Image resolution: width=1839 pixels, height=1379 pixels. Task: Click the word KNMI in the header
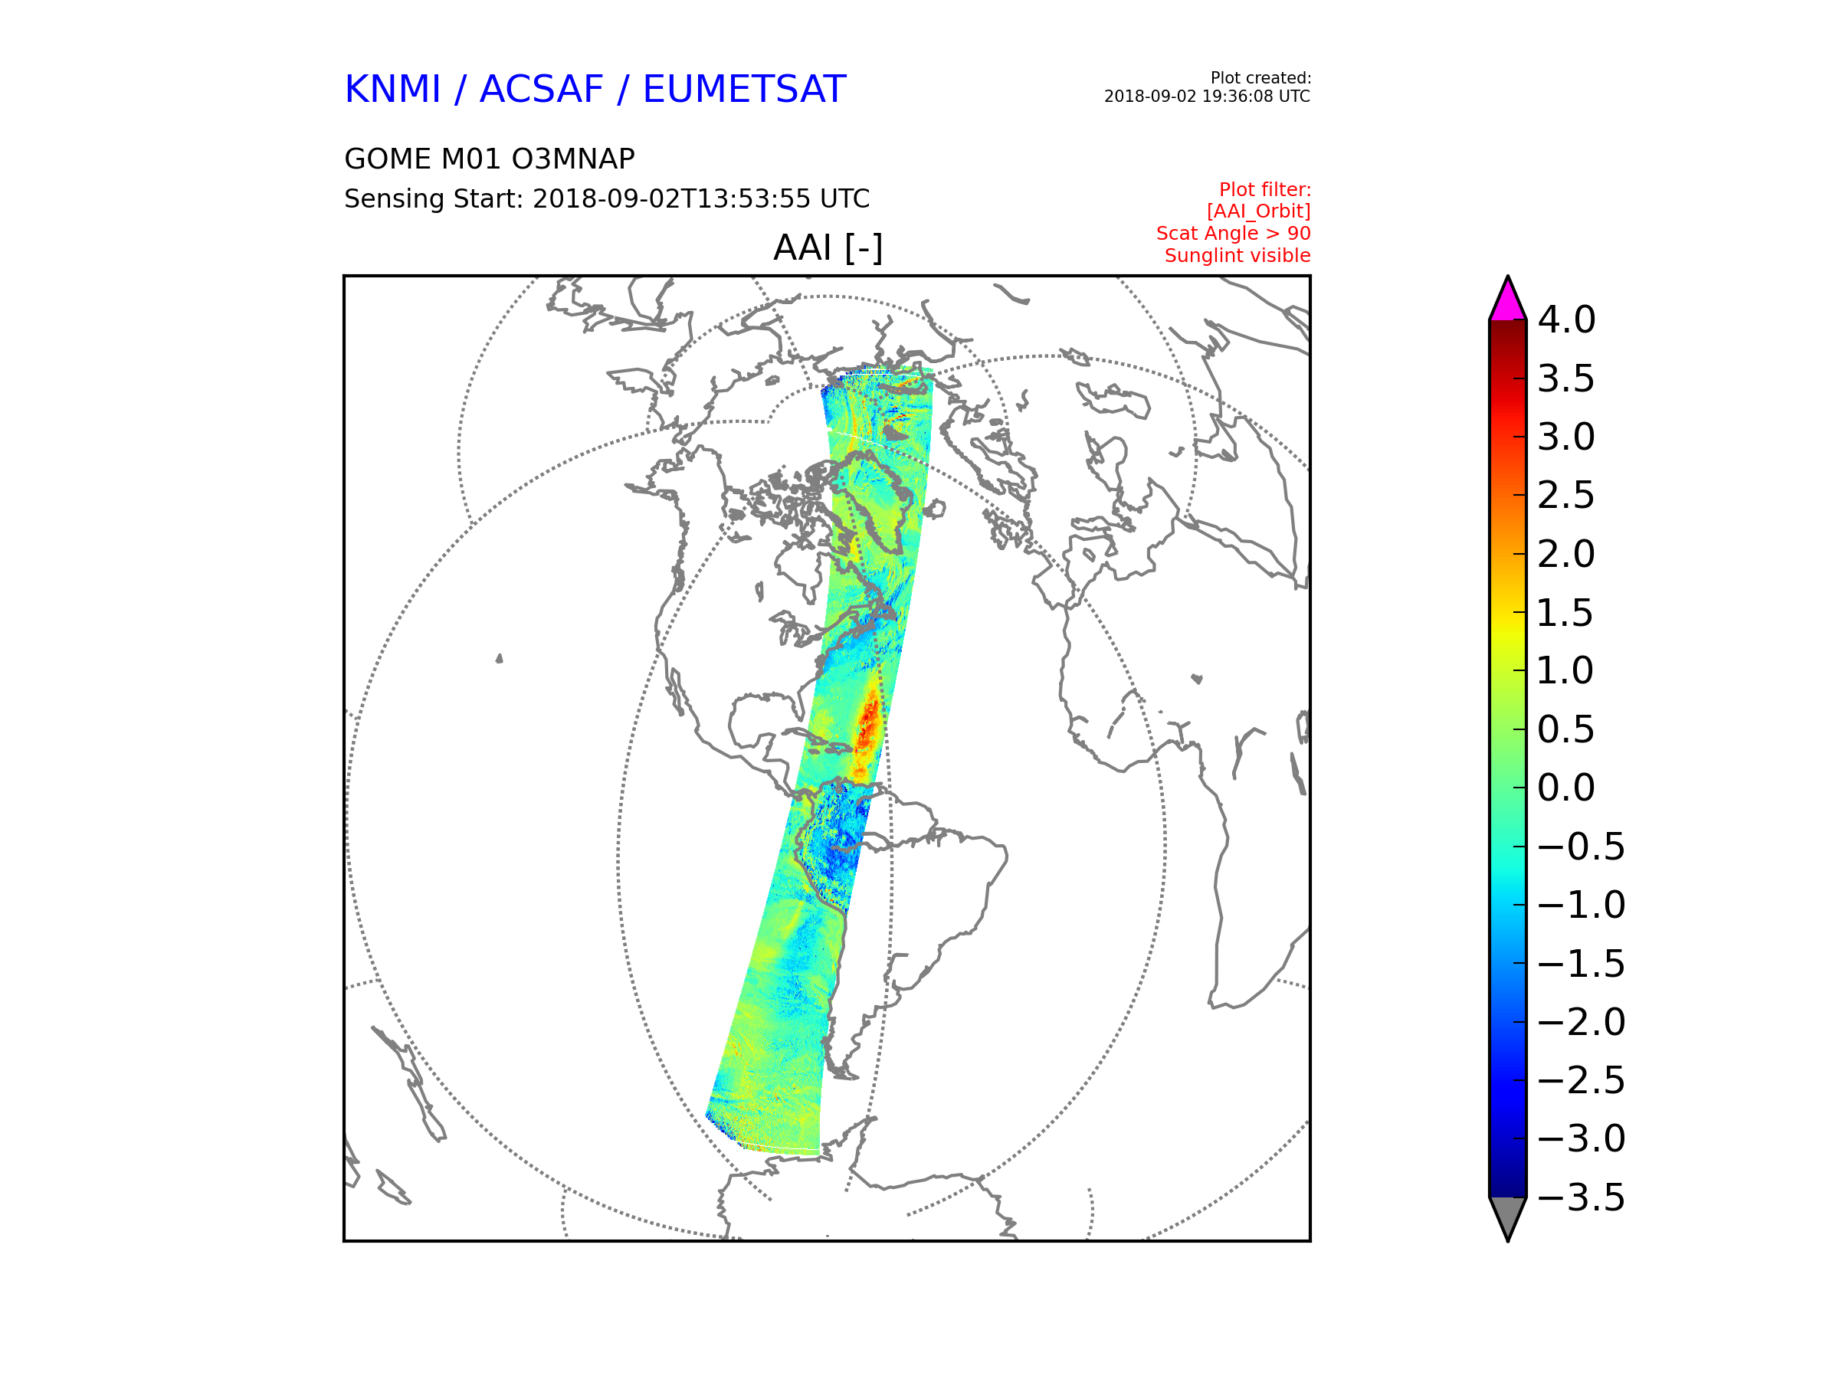click(392, 89)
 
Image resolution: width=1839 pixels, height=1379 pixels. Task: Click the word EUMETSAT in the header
click(744, 89)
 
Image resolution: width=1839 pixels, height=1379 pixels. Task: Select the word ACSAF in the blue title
click(541, 89)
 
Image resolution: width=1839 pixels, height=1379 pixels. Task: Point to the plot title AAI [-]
click(828, 247)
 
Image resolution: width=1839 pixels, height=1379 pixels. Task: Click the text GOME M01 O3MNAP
click(490, 159)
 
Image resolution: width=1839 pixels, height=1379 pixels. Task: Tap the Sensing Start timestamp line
click(607, 198)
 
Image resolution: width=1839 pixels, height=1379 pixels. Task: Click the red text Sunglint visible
click(1237, 256)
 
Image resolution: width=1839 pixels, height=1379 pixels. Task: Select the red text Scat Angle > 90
click(1233, 234)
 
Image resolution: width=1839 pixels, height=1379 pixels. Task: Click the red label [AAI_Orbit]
click(1258, 212)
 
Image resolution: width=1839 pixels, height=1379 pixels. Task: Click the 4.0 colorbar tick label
click(1566, 320)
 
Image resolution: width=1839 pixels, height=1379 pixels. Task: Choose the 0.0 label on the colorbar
click(1566, 788)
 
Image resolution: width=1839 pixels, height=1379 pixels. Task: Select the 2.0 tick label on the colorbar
click(1566, 555)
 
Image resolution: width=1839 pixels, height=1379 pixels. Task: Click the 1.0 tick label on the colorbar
click(1566, 671)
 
